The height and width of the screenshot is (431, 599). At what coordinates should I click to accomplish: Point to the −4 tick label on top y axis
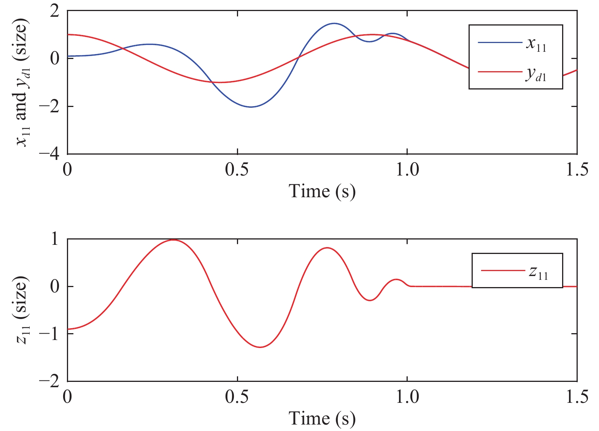tap(49, 154)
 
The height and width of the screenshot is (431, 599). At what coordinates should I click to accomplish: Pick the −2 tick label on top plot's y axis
tap(49, 106)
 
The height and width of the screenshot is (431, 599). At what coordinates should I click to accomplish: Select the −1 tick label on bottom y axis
tap(49, 334)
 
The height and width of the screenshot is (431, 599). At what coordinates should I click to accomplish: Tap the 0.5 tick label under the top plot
tap(237, 170)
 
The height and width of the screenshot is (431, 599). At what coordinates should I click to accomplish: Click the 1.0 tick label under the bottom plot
tap(407, 397)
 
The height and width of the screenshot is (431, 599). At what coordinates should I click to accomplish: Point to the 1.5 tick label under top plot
tap(577, 170)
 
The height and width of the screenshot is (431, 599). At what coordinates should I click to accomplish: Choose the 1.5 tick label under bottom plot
tap(577, 397)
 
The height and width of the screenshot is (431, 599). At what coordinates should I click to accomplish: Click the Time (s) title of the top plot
tap(322, 191)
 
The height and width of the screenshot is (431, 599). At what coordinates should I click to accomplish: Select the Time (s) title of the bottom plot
tap(322, 418)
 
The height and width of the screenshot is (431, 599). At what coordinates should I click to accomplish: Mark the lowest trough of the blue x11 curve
tap(251, 107)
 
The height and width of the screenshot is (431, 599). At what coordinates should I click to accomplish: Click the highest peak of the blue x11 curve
tap(334, 23)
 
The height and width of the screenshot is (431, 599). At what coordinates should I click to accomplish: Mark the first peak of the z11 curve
tap(173, 239)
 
